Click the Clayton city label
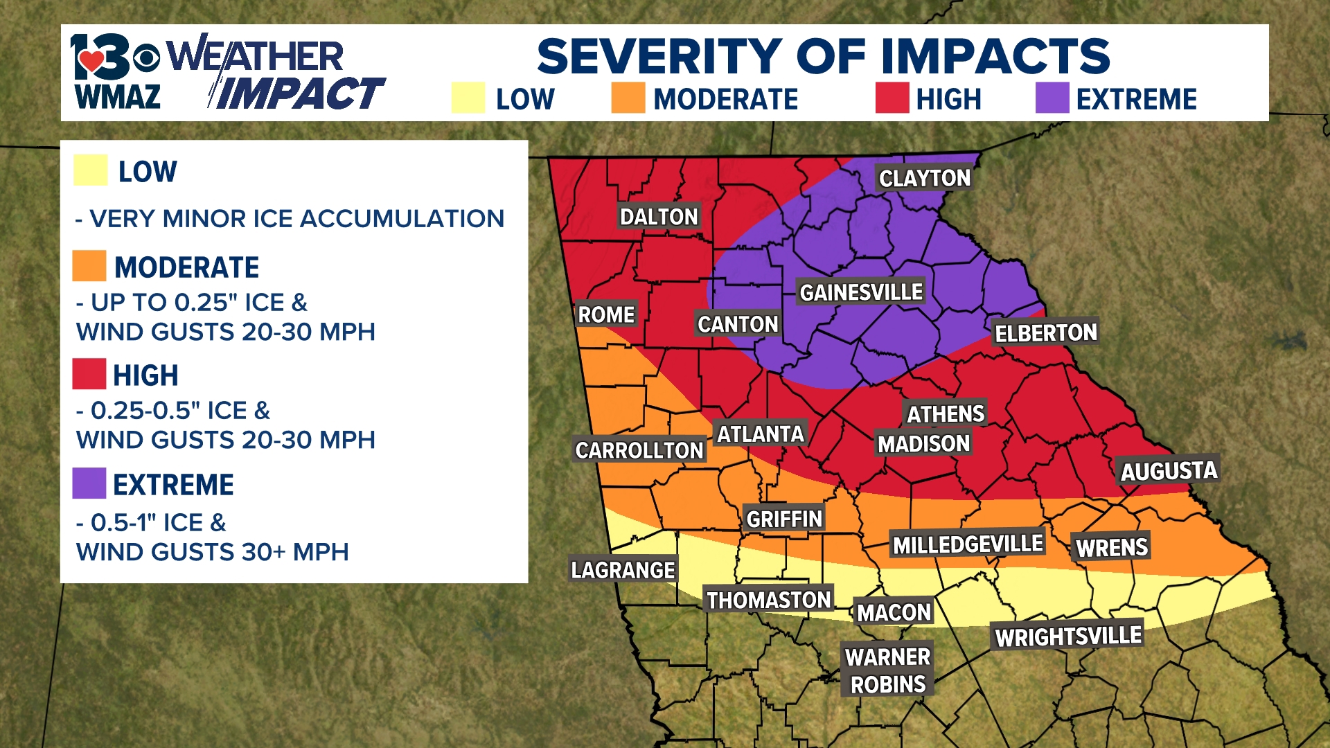[924, 178]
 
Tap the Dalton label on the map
[658, 217]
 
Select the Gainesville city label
[861, 292]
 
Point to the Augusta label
[1169, 471]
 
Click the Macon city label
[894, 612]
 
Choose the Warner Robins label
[887, 670]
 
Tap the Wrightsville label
[1068, 636]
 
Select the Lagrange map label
[622, 570]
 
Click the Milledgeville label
[967, 545]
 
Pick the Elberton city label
[1045, 333]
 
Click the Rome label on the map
[606, 314]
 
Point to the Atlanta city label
[760, 434]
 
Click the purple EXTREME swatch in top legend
[1052, 98]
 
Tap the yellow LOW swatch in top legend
[468, 98]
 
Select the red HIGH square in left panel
[89, 374]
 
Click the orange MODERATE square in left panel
[89, 266]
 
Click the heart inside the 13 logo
[91, 61]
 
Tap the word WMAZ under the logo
[118, 97]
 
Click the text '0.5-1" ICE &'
[158, 522]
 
